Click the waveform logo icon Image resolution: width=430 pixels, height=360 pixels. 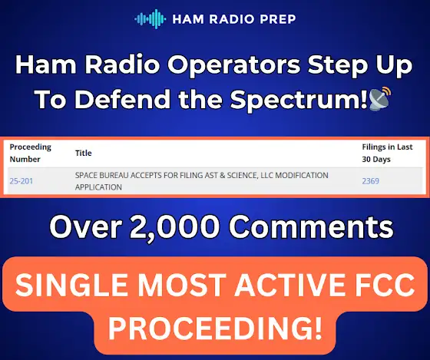(x=150, y=19)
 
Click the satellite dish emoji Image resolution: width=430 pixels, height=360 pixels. (x=379, y=98)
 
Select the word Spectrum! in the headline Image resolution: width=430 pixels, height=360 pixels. (x=299, y=100)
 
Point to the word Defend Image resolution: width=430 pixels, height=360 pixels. (x=122, y=99)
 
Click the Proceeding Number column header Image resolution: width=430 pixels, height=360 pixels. (x=31, y=153)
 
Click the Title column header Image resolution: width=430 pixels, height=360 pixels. (x=84, y=153)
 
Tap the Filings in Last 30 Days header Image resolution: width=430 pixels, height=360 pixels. (x=387, y=153)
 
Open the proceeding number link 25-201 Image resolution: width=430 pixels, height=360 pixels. (x=21, y=181)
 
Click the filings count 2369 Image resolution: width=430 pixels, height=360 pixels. (x=370, y=181)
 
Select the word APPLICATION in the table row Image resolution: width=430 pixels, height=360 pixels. (x=98, y=187)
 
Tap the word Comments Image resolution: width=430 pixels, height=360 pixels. (x=311, y=227)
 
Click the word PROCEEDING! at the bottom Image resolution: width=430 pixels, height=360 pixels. (x=215, y=328)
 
